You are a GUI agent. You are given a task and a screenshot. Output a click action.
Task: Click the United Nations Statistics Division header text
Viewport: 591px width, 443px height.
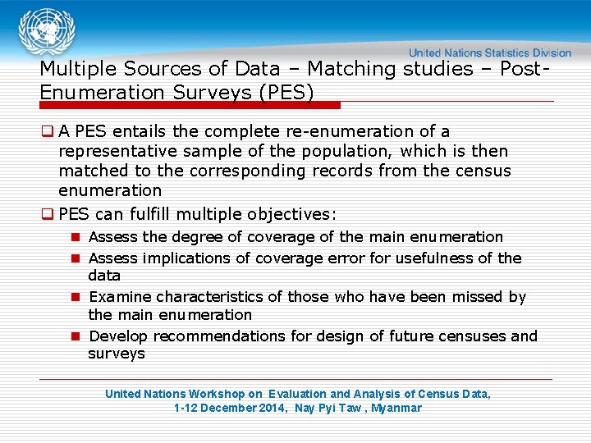click(490, 53)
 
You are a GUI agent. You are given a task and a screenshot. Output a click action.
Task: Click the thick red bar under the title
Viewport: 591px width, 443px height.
click(190, 105)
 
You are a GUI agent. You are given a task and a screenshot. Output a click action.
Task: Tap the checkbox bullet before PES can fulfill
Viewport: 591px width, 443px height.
click(48, 214)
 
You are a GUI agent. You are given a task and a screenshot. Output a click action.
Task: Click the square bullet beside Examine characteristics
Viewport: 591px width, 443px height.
click(74, 297)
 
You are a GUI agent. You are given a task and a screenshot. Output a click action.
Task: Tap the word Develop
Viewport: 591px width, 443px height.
click(118, 336)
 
